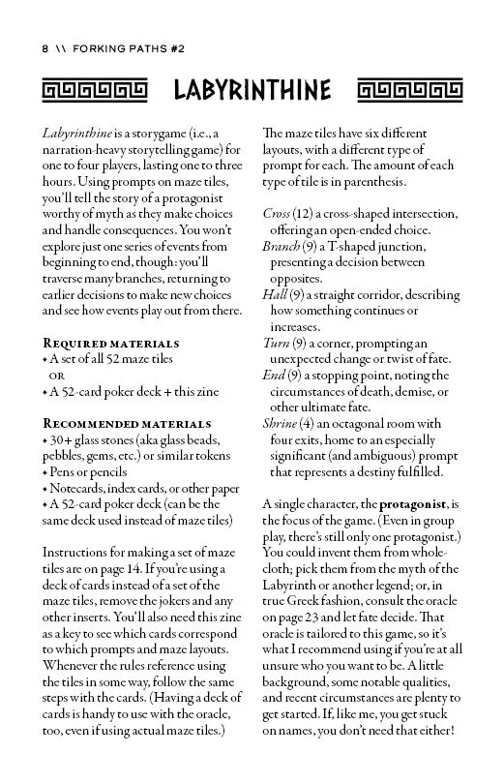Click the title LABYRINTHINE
click(x=252, y=91)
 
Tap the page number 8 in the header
click(x=44, y=47)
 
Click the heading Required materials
click(x=111, y=343)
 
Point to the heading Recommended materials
click(x=127, y=423)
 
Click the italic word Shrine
click(x=283, y=423)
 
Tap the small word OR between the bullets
click(x=57, y=376)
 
